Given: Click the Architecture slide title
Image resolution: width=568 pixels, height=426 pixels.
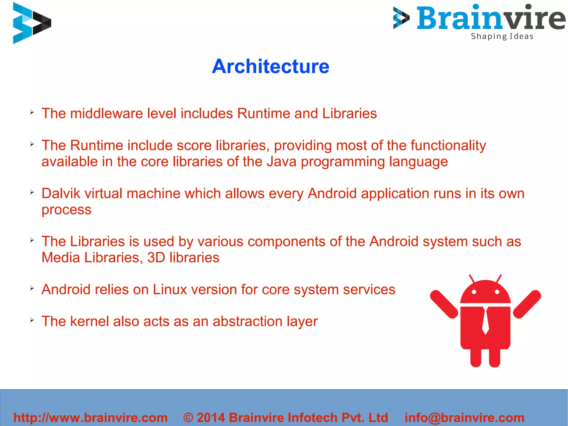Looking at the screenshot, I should coord(270,67).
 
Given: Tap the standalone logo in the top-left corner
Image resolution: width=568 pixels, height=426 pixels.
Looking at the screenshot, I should coord(32,23).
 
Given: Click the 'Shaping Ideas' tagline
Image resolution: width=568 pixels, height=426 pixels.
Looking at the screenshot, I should coord(502,36).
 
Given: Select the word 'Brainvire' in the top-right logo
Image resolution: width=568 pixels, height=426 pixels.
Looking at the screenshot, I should coord(491,18).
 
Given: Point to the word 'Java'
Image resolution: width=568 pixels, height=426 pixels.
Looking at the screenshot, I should coord(282,162).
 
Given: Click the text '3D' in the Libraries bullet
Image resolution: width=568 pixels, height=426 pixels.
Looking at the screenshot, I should coord(156,258).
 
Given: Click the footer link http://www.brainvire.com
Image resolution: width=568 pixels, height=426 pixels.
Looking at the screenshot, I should coord(90,418).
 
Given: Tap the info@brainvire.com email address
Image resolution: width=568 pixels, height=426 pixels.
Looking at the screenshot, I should coord(465,418).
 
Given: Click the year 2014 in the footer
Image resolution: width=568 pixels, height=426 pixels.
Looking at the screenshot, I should coord(211,418).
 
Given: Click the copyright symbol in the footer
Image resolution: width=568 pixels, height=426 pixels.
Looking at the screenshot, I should coord(188,418).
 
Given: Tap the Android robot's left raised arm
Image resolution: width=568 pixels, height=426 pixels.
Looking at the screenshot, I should coord(444,304).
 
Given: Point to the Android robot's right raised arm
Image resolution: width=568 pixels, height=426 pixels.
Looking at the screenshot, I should coord(527,304).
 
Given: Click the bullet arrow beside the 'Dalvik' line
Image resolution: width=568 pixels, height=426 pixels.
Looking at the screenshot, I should coord(32,192).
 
